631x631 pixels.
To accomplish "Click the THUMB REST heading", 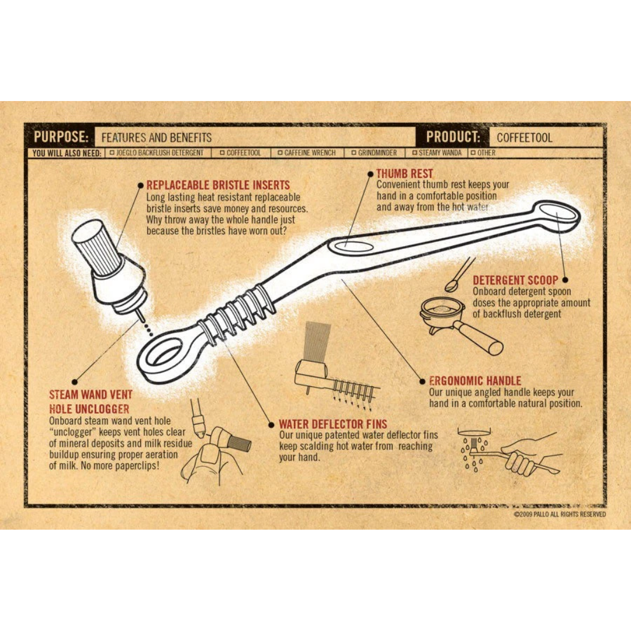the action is tap(404, 174).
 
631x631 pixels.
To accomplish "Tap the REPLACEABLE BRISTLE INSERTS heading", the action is tap(218, 185).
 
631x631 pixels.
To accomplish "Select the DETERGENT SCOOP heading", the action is tap(515, 280).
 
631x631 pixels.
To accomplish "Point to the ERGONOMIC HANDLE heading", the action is tap(475, 381).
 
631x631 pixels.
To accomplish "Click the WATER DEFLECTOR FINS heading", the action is tap(333, 424).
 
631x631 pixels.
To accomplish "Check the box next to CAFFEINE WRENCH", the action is tap(280, 153).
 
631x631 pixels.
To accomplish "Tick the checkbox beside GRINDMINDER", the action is tap(353, 153).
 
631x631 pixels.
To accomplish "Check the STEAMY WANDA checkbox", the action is tap(414, 153).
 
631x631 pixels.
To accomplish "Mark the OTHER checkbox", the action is tap(473, 153).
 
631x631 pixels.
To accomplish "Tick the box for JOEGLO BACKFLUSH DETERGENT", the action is tap(112, 153).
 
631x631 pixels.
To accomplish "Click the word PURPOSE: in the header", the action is tap(61, 137).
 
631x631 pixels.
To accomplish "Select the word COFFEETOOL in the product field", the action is tap(524, 138).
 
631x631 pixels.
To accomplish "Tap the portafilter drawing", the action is tap(459, 324).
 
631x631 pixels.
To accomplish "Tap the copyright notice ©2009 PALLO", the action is tap(560, 514).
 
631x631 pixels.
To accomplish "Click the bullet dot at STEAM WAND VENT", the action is tap(74, 382).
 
